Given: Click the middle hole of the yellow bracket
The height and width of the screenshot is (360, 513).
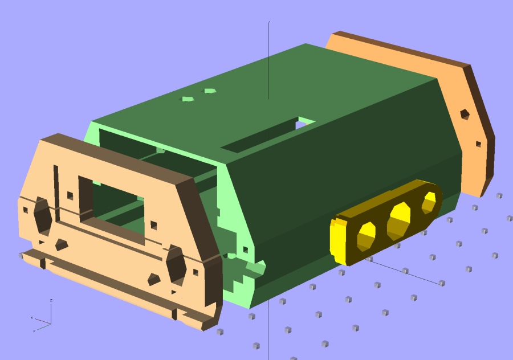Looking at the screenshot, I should tap(398, 220).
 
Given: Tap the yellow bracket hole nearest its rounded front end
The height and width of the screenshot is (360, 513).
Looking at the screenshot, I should tap(366, 235).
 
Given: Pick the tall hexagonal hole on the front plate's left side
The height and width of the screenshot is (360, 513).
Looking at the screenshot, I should tap(43, 217).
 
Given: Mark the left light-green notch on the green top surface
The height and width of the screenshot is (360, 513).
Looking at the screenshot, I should tap(187, 99).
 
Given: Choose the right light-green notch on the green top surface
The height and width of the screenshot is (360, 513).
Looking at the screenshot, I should tap(210, 91).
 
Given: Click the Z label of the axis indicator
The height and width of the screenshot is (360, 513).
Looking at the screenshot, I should tap(51, 300).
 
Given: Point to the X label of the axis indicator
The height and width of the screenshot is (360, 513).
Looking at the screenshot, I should tap(31, 317).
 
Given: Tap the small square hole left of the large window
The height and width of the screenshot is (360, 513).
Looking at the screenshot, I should tap(70, 195).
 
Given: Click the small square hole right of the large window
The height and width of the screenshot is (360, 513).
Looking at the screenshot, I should tap(153, 225).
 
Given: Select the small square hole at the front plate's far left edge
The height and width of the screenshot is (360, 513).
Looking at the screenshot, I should tap(25, 210).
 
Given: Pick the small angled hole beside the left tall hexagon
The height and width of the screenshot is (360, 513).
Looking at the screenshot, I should tap(61, 244).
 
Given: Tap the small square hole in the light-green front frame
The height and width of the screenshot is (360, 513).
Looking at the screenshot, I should tap(246, 249).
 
